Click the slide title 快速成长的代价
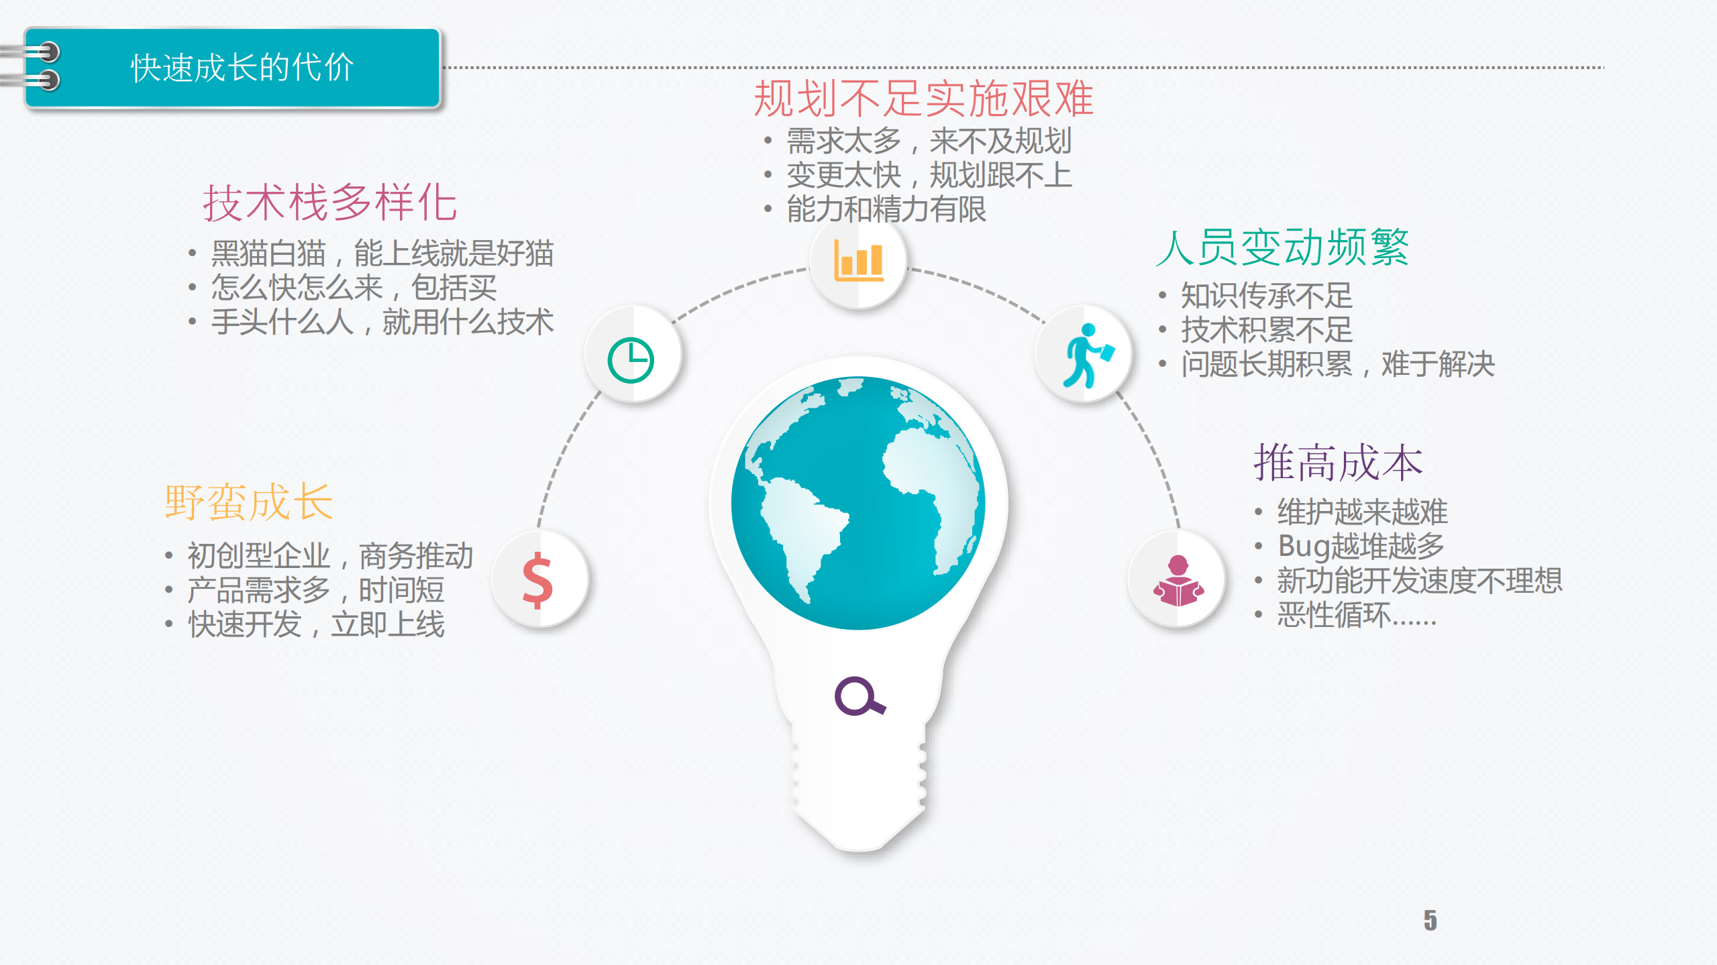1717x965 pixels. click(x=242, y=68)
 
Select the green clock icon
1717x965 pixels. click(x=631, y=360)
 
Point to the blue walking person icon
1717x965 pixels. click(x=1086, y=355)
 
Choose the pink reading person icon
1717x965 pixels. click(x=1178, y=581)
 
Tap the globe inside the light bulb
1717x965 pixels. click(x=858, y=503)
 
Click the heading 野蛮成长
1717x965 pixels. click(x=249, y=502)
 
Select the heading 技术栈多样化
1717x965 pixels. click(x=330, y=203)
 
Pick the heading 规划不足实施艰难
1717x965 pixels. click(x=923, y=99)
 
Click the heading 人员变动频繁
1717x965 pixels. click(x=1282, y=247)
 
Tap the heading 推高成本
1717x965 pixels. click(x=1337, y=463)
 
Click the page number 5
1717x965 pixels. click(x=1430, y=920)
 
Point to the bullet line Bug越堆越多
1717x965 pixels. click(x=1361, y=546)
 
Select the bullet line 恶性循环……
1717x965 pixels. click(x=1356, y=615)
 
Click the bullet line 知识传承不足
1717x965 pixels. click(x=1266, y=295)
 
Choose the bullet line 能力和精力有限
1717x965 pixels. click(x=886, y=209)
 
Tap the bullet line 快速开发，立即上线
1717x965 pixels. click(x=316, y=624)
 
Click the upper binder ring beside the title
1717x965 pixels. click(x=42, y=52)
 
